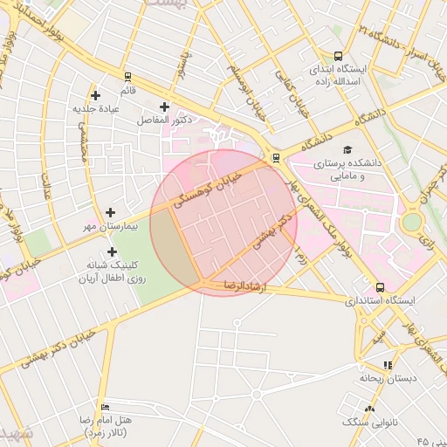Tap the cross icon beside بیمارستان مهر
pyautogui.click(x=110, y=212)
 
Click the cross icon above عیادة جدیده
pyautogui.click(x=95, y=95)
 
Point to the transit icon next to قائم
pyautogui.click(x=127, y=77)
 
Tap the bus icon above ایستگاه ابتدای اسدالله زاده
pyautogui.click(x=338, y=54)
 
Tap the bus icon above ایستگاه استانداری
pyautogui.click(x=379, y=286)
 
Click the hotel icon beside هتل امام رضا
pyautogui.click(x=106, y=407)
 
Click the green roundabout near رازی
pyautogui.click(x=410, y=222)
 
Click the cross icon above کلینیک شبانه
pyautogui.click(x=112, y=251)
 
